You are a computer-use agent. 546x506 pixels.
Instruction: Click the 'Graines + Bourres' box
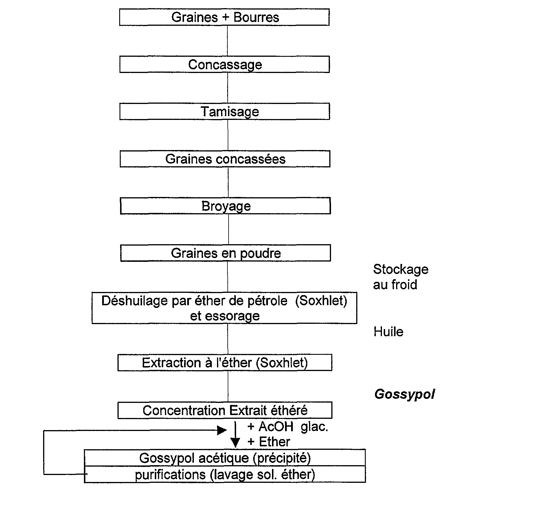click(224, 17)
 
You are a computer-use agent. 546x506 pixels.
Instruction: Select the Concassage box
click(225, 64)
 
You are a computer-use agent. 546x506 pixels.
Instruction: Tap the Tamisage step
click(225, 112)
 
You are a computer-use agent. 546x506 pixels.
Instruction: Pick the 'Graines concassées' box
click(225, 159)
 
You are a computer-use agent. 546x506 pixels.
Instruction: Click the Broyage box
click(225, 206)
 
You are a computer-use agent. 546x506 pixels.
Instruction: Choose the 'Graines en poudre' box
click(226, 253)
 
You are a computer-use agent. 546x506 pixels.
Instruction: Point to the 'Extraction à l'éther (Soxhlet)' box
click(225, 363)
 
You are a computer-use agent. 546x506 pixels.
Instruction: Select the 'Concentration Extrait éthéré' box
click(225, 410)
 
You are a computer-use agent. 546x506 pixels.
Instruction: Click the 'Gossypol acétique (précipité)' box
click(225, 458)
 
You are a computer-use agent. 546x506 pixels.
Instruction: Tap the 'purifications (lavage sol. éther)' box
click(225, 474)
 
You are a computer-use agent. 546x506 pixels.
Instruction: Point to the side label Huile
click(388, 332)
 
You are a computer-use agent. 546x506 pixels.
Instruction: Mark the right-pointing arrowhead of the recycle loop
click(222, 430)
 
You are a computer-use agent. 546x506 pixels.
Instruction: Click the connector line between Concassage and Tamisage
click(227, 88)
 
